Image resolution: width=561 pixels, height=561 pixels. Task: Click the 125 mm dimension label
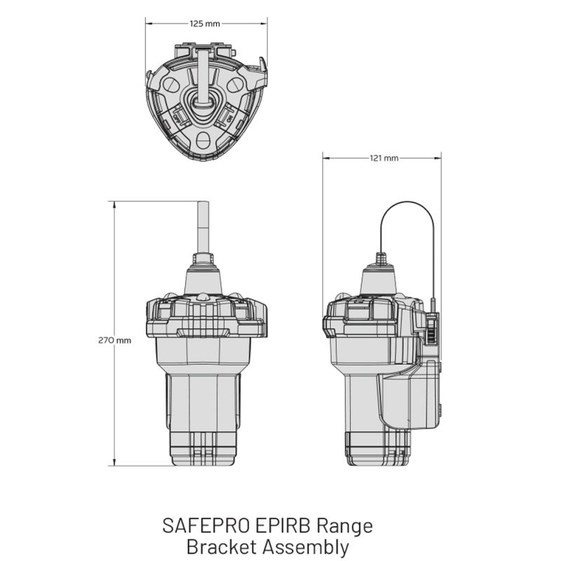pyautogui.click(x=205, y=24)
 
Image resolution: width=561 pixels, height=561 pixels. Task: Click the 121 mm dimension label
pyautogui.click(x=384, y=158)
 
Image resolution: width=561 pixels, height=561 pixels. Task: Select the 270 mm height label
pyautogui.click(x=114, y=340)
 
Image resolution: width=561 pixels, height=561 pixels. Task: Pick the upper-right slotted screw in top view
pyautogui.click(x=235, y=84)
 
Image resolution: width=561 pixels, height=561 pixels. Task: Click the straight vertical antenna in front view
pyautogui.click(x=203, y=228)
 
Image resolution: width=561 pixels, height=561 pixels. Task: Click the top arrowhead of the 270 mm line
pyautogui.click(x=114, y=205)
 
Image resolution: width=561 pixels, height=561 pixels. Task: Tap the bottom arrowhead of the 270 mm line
pyautogui.click(x=114, y=462)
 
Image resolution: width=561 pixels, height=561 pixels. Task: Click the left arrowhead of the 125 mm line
pyautogui.click(x=149, y=24)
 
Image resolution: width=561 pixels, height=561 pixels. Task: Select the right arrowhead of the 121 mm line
pyautogui.click(x=438, y=158)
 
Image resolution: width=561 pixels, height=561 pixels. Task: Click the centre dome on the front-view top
pyautogui.click(x=203, y=297)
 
